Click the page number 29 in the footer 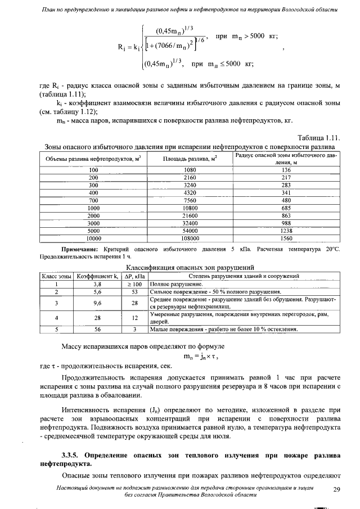coord(337,489)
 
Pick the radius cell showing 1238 coord(286,231)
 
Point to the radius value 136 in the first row coord(286,169)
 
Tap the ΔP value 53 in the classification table coord(135,292)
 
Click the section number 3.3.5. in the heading coord(74,453)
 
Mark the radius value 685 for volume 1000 coord(286,208)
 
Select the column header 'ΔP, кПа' coord(135,277)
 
